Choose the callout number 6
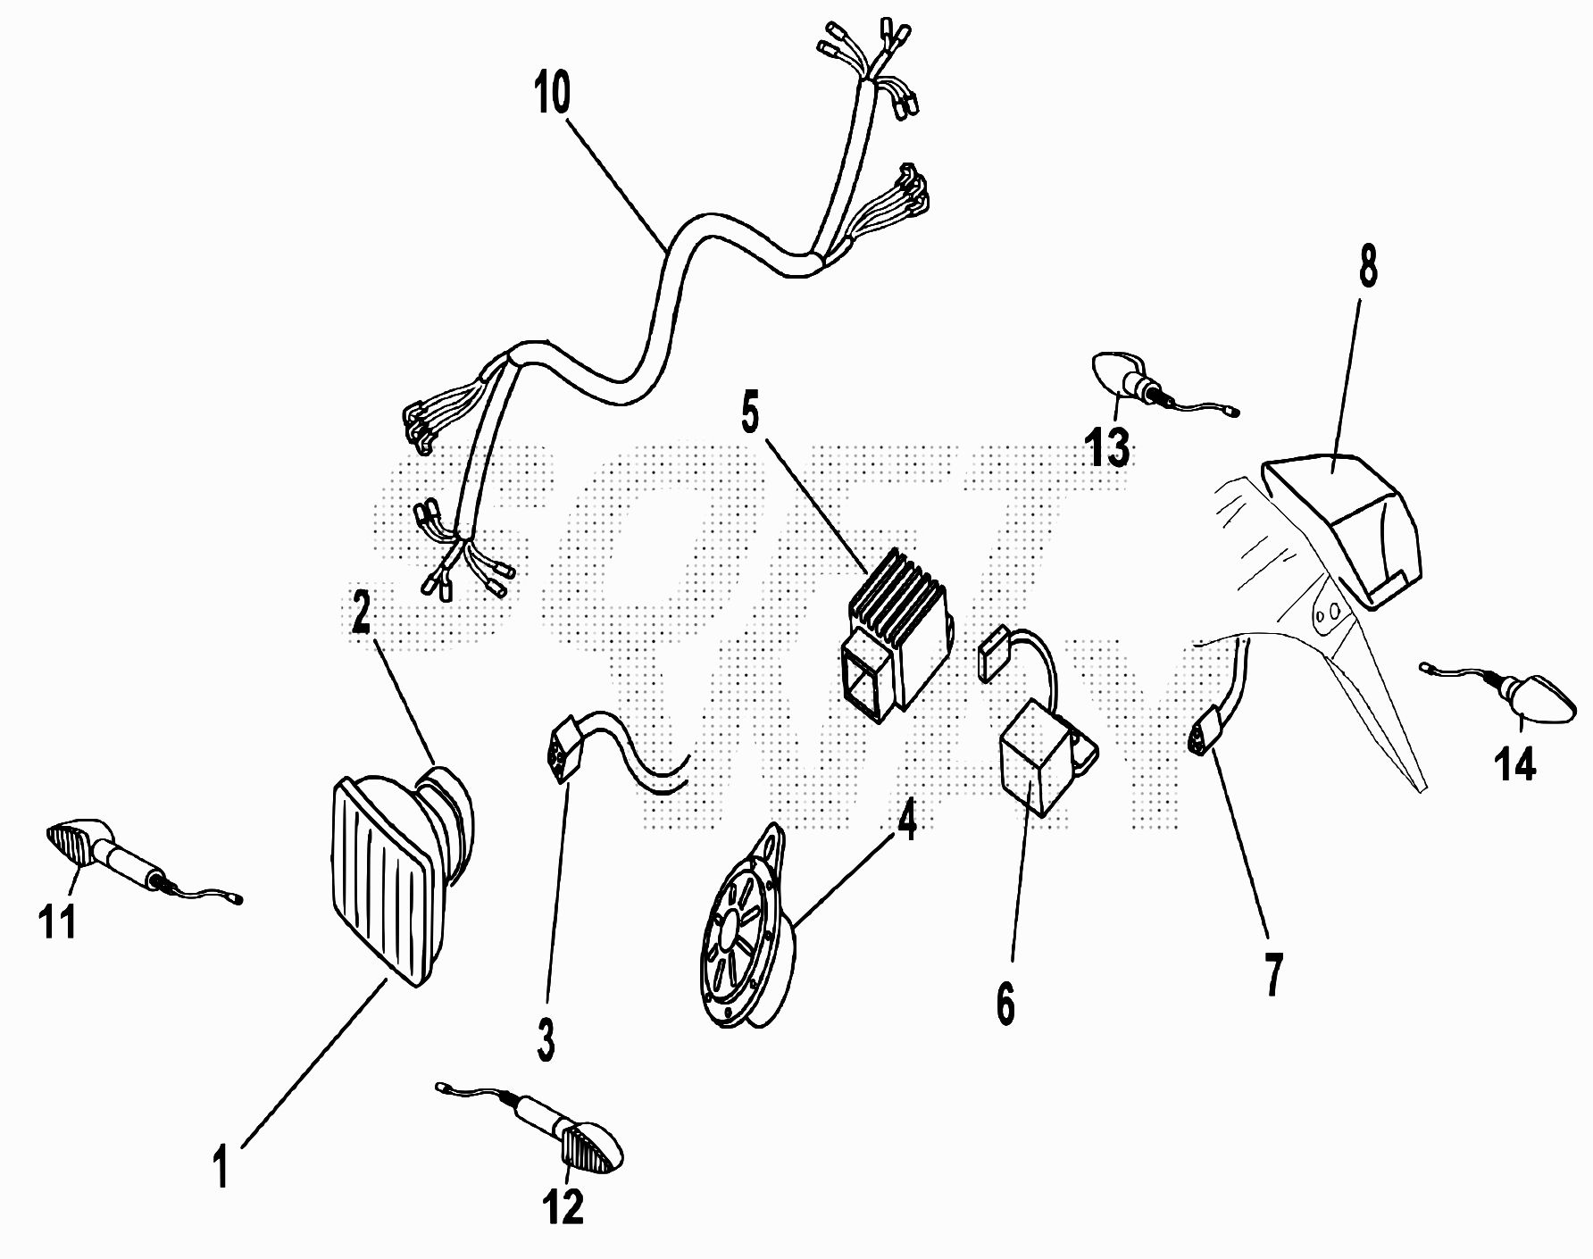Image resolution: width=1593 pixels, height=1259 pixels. (x=1006, y=1005)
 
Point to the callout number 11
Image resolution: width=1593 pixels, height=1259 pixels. (x=57, y=921)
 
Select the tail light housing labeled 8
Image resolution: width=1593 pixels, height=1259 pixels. (x=1341, y=530)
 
